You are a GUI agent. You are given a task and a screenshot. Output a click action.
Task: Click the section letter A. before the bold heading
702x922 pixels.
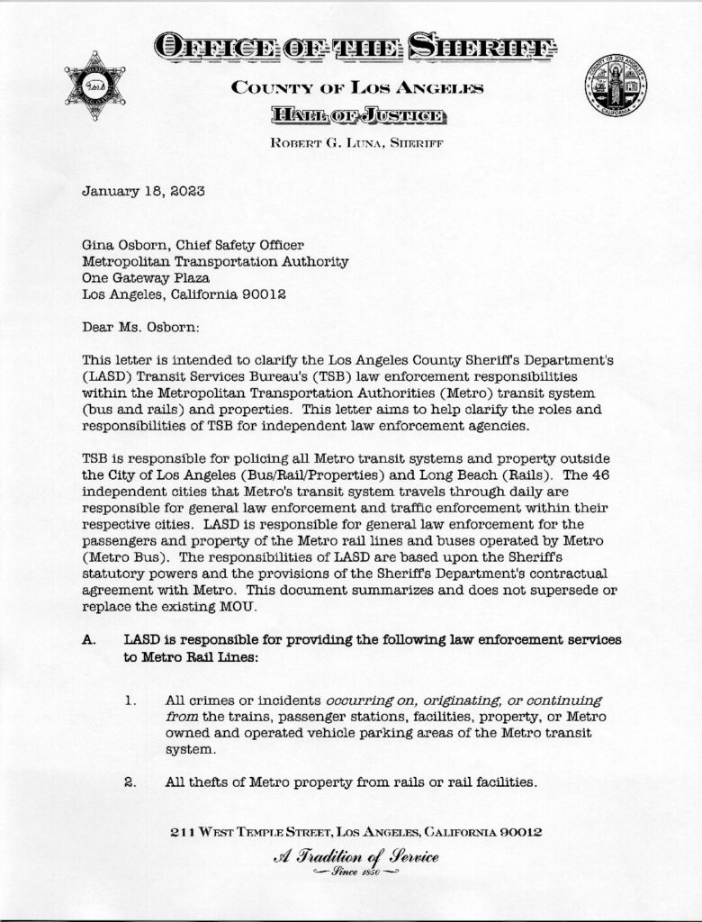[x=88, y=639]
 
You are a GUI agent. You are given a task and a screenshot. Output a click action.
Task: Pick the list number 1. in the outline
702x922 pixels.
[x=130, y=700]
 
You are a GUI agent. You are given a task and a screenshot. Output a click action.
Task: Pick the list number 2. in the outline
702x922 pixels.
[x=130, y=782]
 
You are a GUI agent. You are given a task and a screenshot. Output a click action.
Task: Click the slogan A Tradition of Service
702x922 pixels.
[x=355, y=857]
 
